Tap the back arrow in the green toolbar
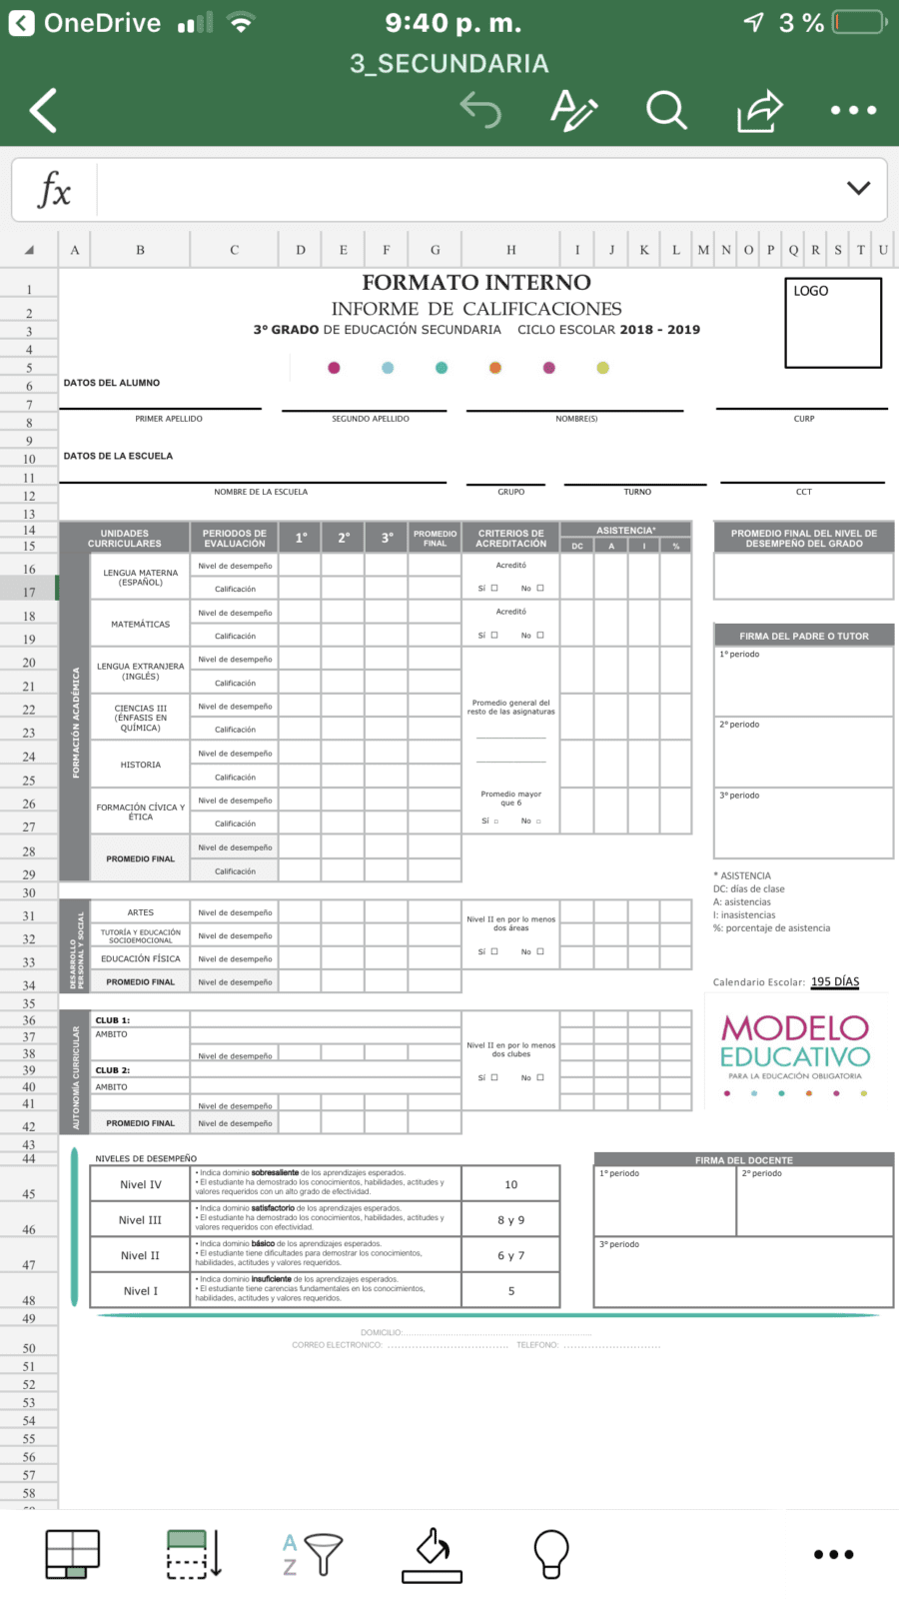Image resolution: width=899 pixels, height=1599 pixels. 43,110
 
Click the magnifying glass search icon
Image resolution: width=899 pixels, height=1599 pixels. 665,110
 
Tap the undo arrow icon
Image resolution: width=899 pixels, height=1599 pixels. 480,110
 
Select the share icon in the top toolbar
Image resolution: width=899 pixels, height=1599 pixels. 759,110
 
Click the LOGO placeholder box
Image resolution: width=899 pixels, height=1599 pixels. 833,323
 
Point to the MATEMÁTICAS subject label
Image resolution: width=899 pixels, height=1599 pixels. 140,624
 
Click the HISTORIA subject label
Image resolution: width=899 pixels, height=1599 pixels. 140,765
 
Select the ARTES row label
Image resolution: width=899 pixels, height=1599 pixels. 140,912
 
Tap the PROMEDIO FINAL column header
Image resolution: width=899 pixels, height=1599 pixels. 435,538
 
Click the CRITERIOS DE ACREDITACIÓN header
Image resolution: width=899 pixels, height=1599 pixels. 510,538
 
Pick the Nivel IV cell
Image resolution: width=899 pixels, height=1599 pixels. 140,1184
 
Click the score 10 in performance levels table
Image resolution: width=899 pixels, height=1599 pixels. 510,1184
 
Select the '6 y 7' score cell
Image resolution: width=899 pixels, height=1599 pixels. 510,1255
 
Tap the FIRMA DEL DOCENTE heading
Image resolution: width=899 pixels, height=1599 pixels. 743,1160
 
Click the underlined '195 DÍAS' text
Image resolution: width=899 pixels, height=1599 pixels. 834,981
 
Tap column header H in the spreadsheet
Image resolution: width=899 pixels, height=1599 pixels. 510,250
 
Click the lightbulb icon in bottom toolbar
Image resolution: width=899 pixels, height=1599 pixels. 550,1554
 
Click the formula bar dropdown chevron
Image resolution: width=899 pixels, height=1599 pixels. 858,188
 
